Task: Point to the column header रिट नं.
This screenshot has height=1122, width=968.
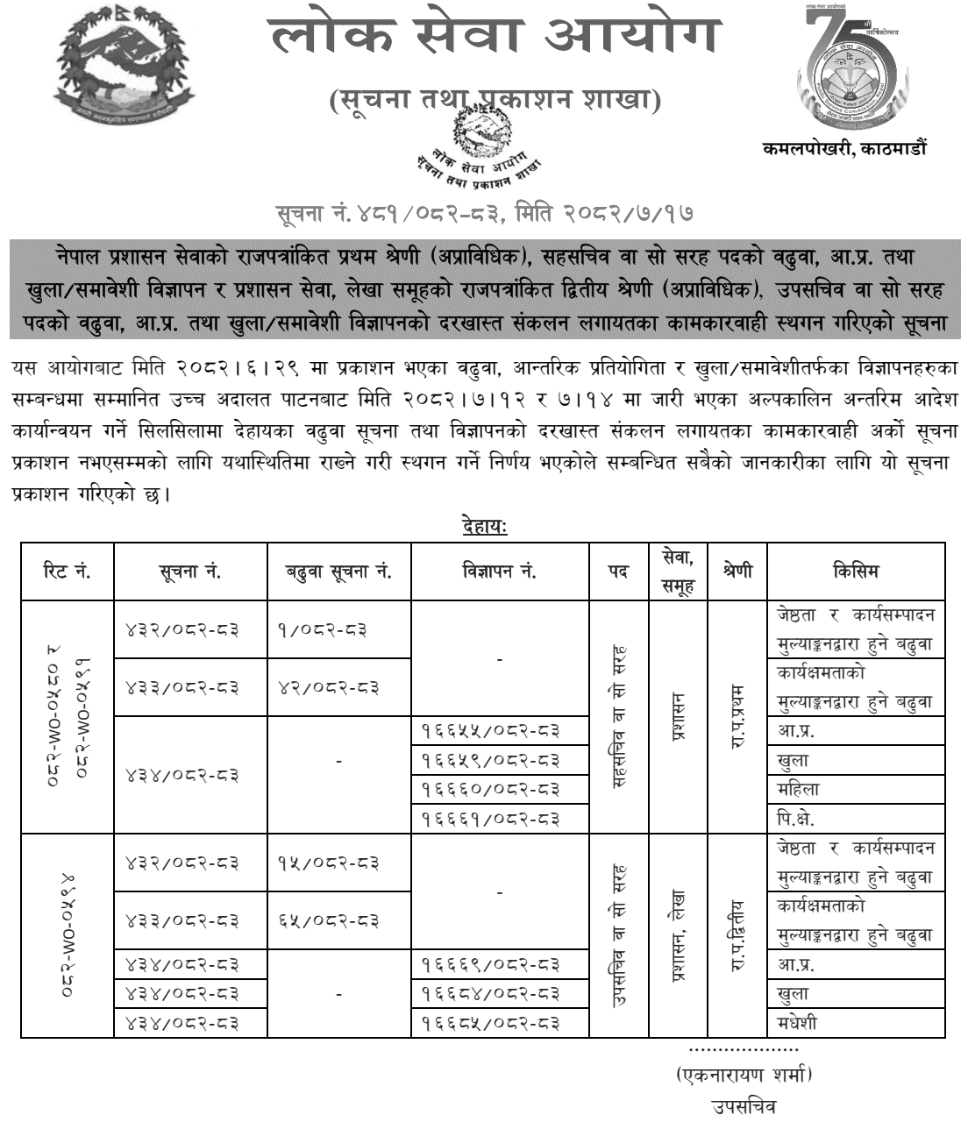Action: point(67,572)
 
